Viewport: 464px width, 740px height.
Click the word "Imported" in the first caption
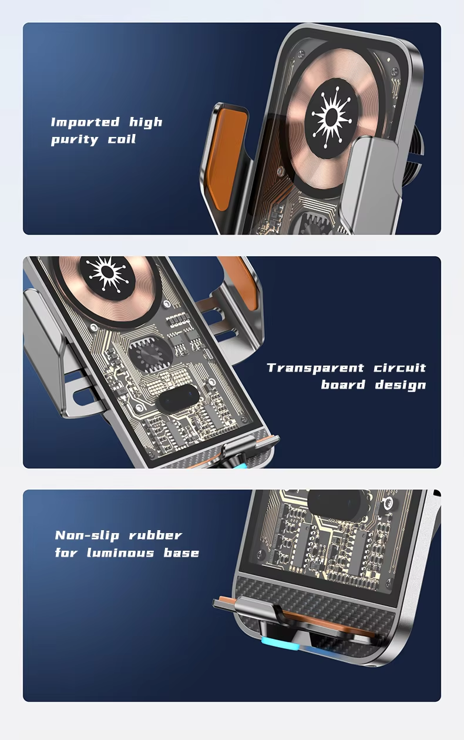coord(85,122)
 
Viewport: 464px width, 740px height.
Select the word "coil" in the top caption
coord(122,139)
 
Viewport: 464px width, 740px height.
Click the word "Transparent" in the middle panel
coord(315,368)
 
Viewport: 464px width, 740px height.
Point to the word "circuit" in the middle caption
coord(399,368)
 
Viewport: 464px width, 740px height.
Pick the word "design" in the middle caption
coord(401,385)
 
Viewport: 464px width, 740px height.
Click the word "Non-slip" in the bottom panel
coord(87,536)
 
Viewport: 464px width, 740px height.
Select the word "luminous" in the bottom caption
coord(120,553)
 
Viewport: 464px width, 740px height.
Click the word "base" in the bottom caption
coord(181,553)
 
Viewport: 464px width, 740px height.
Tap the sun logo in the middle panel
coord(107,273)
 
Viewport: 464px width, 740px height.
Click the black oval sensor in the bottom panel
coord(339,504)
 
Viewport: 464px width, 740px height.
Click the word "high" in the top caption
coord(146,122)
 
